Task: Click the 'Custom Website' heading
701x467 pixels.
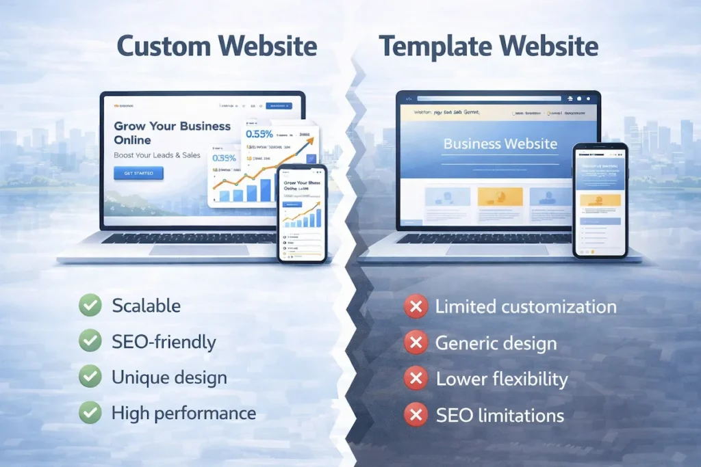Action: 216,46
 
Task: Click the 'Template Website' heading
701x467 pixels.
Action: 488,46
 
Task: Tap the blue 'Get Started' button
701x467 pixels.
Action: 138,173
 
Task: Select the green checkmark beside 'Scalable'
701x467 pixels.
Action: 90,305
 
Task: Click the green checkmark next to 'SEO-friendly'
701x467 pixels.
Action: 90,341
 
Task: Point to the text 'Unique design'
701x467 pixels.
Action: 169,377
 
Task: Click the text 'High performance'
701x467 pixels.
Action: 183,413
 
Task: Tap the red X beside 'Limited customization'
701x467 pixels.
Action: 416,306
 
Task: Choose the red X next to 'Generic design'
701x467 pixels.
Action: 416,343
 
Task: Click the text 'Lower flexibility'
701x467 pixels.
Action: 502,379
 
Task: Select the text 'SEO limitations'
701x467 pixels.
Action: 500,414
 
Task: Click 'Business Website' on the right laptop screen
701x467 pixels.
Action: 500,144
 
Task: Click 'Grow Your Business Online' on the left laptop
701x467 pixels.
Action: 172,133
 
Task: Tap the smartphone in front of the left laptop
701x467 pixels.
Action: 302,213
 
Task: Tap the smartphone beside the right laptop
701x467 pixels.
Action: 600,200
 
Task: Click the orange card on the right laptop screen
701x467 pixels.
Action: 500,196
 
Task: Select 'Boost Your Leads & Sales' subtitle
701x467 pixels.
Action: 157,155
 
